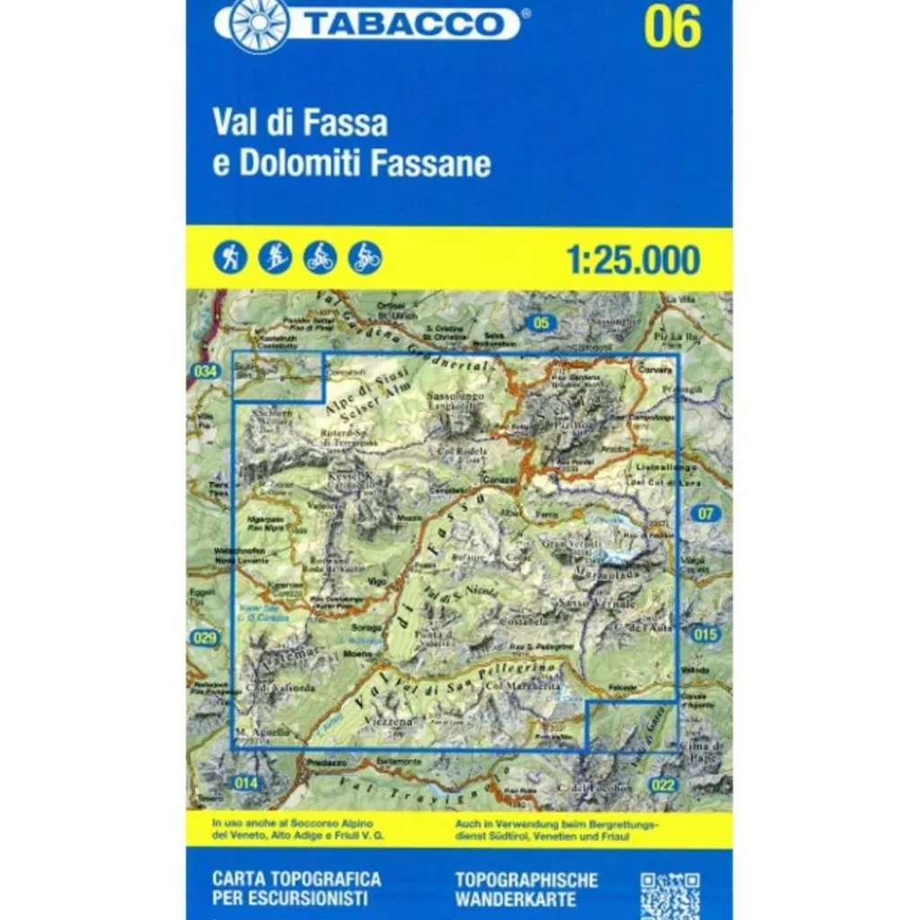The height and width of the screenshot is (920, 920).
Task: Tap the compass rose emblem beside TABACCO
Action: point(260,24)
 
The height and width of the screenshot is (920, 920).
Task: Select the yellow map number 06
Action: point(671,29)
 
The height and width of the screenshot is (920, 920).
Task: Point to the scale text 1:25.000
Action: point(633,260)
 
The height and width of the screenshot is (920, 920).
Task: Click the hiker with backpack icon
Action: point(230,258)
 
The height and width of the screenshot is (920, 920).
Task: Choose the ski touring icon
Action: point(275,258)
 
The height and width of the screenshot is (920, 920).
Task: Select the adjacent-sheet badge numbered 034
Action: point(205,371)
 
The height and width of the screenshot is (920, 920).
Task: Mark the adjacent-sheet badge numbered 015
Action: point(706,635)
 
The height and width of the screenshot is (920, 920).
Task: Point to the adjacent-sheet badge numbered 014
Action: point(245,783)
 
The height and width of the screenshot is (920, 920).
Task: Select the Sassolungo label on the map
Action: point(455,395)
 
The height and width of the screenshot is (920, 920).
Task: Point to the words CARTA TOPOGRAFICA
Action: point(296,879)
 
